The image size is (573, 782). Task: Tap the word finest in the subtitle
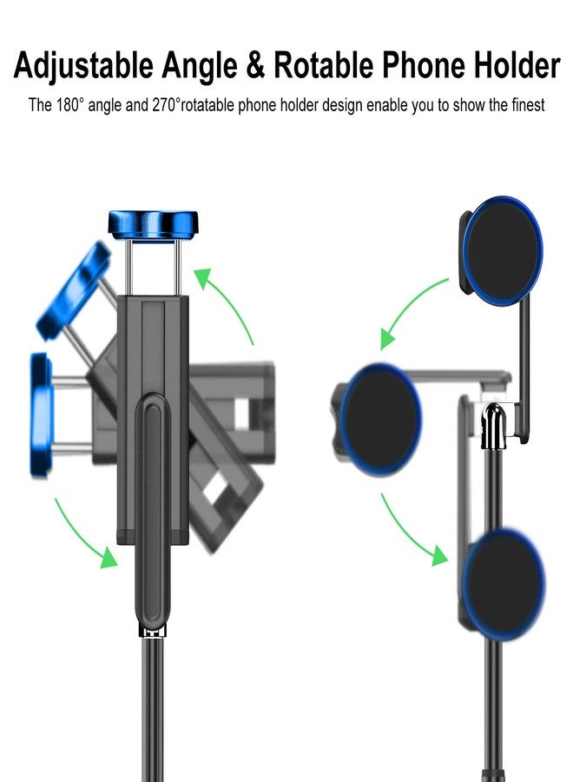pyautogui.click(x=524, y=105)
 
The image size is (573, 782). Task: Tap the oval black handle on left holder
pyautogui.click(x=153, y=513)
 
